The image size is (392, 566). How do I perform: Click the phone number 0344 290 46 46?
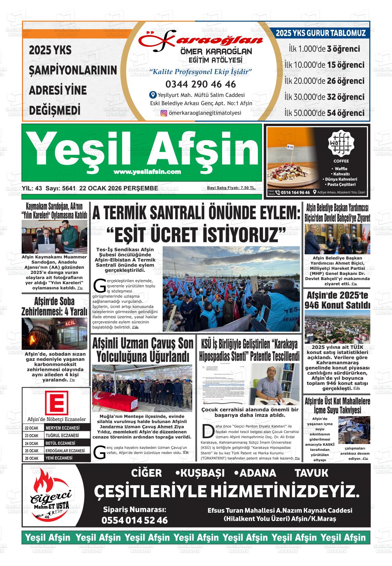200,84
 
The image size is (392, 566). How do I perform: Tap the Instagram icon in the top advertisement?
164,113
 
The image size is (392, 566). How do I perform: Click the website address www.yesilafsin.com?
147,172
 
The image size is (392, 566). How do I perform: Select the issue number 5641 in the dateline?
67,188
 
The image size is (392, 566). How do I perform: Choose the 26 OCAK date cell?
32,458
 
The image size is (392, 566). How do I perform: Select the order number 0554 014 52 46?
134,520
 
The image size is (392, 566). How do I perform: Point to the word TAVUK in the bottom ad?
312,473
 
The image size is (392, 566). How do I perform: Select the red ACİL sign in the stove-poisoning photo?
70,323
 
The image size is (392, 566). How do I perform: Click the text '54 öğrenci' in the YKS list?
346,113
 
